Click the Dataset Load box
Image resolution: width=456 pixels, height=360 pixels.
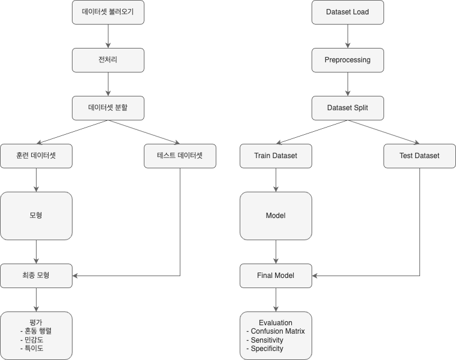pyautogui.click(x=348, y=12)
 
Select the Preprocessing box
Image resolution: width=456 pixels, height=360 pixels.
pyautogui.click(x=348, y=60)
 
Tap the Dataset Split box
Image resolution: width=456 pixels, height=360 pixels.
pyautogui.click(x=348, y=108)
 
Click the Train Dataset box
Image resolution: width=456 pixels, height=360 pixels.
pyautogui.click(x=276, y=156)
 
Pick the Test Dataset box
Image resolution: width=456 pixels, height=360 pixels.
pyautogui.click(x=419, y=156)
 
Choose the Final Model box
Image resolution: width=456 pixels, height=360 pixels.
pyautogui.click(x=276, y=276)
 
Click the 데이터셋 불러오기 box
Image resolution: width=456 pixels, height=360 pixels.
pyautogui.click(x=108, y=12)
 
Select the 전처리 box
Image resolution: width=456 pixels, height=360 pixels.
pyautogui.click(x=108, y=60)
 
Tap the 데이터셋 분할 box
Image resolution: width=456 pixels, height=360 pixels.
pyautogui.click(x=108, y=108)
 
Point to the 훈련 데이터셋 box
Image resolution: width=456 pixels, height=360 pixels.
pyautogui.click(x=36, y=156)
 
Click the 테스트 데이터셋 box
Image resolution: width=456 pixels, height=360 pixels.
pyautogui.click(x=180, y=156)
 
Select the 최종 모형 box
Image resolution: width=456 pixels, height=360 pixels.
pyautogui.click(x=36, y=276)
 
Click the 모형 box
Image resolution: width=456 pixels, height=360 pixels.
pyautogui.click(x=36, y=216)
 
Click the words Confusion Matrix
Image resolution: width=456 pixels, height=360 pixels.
pyautogui.click(x=277, y=331)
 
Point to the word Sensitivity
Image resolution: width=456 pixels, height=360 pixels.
pyautogui.click(x=267, y=340)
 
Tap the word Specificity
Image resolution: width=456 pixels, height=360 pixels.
pyautogui.click(x=267, y=348)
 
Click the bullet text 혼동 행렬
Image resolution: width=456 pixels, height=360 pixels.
pyautogui.click(x=40, y=331)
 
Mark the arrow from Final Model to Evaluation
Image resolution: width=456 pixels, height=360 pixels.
pyautogui.click(x=276, y=300)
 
